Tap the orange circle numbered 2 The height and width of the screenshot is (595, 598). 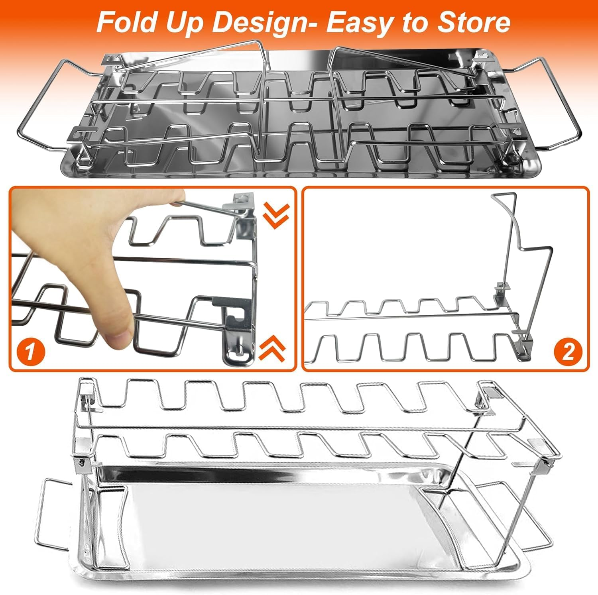coord(568,352)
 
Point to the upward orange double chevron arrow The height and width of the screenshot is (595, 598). coord(272,347)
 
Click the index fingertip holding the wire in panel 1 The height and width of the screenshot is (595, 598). coord(175,199)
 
